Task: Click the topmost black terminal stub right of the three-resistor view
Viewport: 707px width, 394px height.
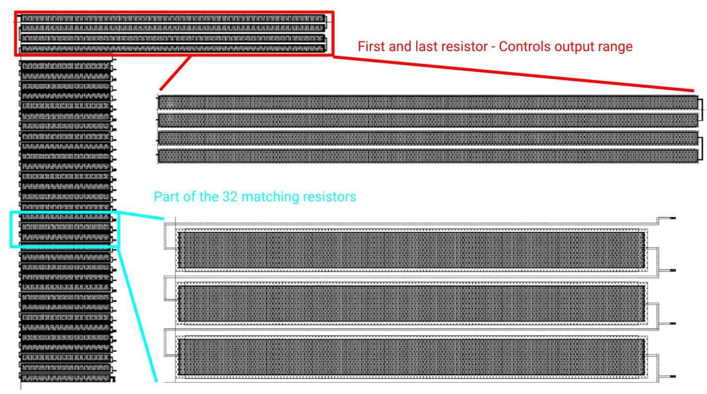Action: pyautogui.click(x=672, y=218)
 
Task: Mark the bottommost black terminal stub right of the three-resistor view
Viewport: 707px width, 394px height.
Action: pyautogui.click(x=672, y=377)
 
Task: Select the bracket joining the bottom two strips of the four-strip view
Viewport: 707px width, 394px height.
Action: pyautogui.click(x=701, y=147)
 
